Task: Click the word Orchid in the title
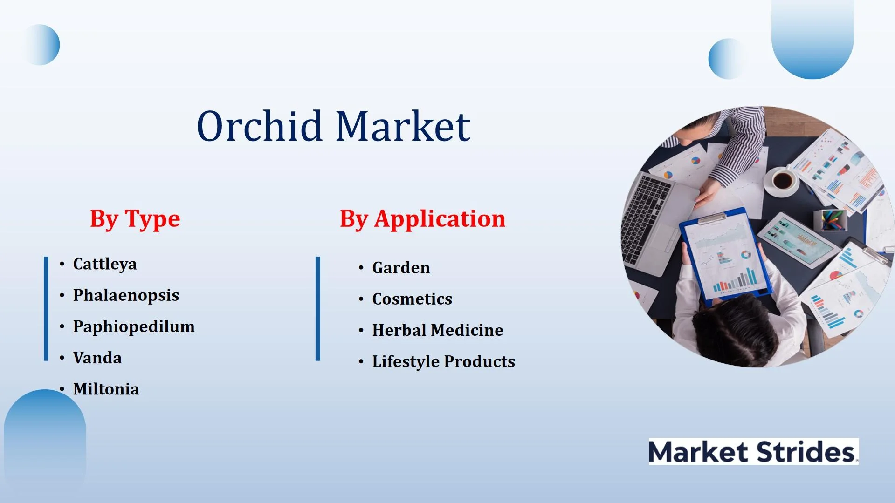[260, 126]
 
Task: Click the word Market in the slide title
[403, 126]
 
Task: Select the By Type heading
[135, 219]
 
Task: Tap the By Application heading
[423, 219]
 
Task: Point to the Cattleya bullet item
[105, 264]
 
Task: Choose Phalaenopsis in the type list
[126, 295]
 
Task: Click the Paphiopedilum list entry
[134, 326]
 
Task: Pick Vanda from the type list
[97, 358]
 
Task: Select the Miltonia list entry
[106, 389]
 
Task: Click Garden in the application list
[401, 268]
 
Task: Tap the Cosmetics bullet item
[412, 299]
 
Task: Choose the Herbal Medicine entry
[438, 330]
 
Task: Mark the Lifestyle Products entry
[443, 361]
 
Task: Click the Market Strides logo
[754, 451]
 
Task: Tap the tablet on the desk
[797, 239]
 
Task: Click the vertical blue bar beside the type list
[46, 308]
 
